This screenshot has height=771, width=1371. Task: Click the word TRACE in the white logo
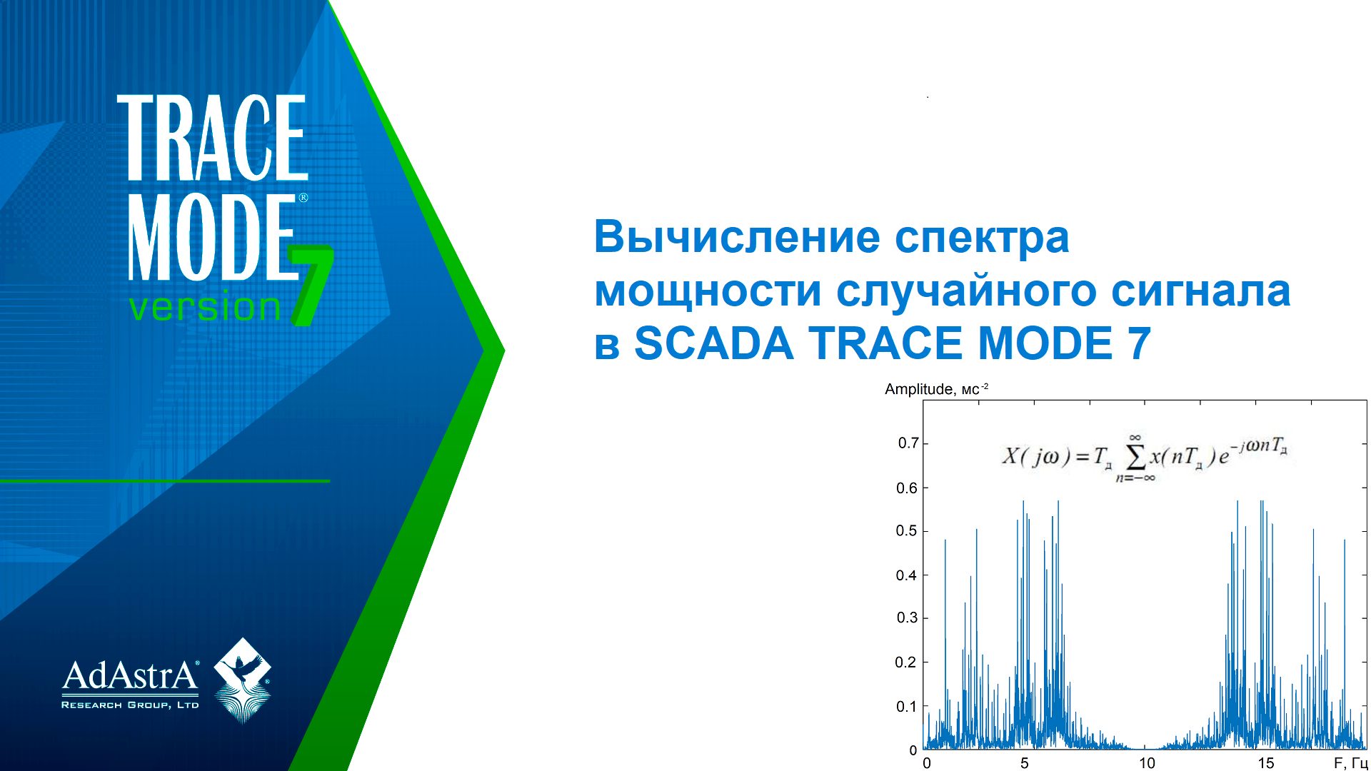pos(213,137)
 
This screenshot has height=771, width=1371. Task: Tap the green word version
pos(205,307)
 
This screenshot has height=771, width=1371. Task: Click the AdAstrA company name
pos(131,675)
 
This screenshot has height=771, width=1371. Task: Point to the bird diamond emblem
pos(243,680)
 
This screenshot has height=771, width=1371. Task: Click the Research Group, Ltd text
pos(130,705)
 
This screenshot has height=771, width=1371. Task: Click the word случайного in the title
pos(966,292)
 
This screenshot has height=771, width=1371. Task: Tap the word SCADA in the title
pos(714,343)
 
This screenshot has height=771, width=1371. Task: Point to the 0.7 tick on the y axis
pos(908,443)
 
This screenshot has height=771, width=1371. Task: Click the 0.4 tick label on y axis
pos(907,575)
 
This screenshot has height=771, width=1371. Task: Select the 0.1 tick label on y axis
pos(907,707)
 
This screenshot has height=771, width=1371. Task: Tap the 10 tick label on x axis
pos(1147,763)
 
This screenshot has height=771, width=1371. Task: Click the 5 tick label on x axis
pos(1025,763)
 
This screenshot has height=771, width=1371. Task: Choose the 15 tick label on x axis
pos(1266,763)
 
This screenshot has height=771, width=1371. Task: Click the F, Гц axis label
pos(1351,763)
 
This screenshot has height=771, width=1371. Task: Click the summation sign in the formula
pos(1135,456)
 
